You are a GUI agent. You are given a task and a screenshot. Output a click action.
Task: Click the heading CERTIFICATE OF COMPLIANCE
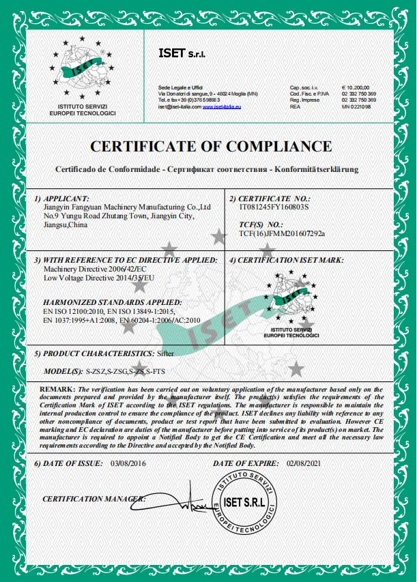coord(211,146)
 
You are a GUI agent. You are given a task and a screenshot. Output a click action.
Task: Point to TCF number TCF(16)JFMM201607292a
coord(282,233)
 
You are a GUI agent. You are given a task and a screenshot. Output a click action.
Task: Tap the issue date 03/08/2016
coord(128,463)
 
